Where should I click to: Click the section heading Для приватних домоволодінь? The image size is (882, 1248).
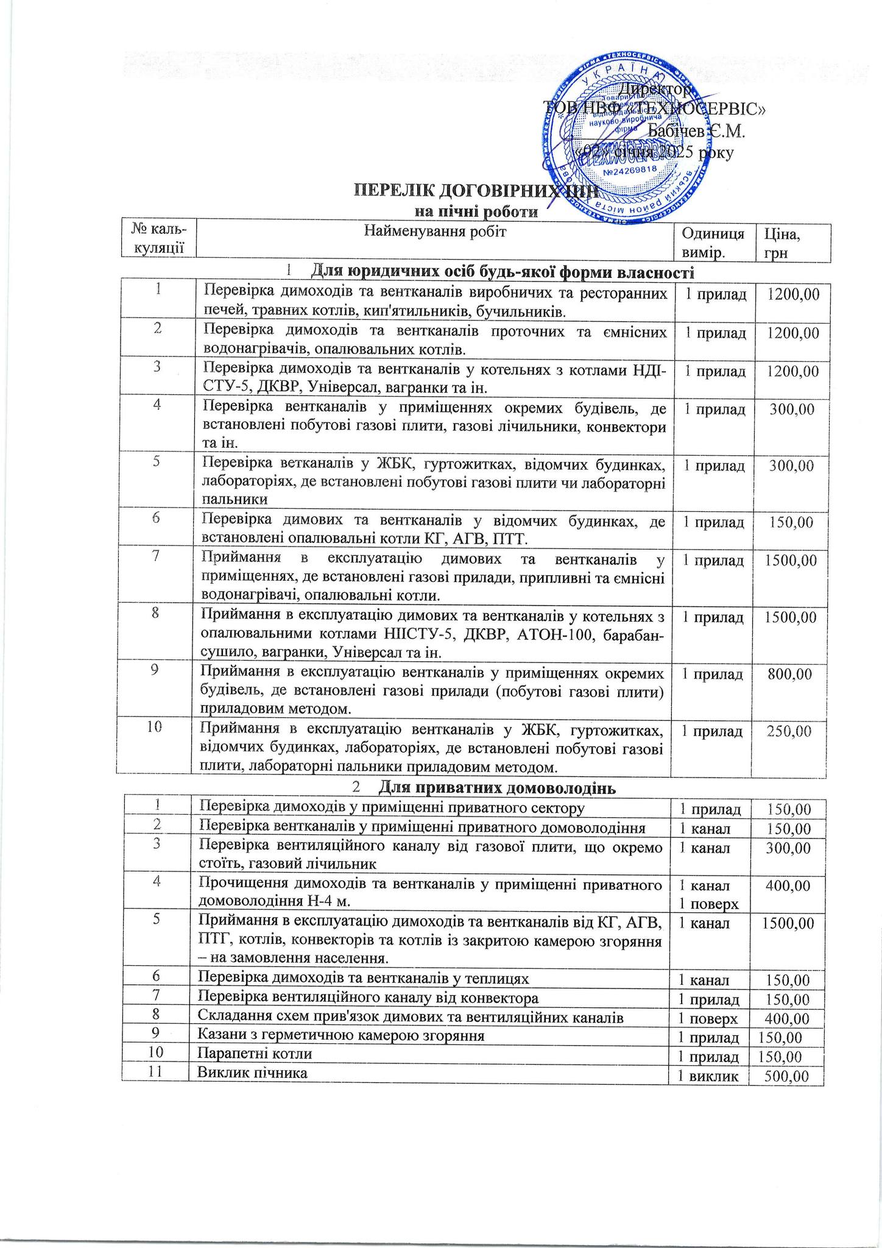coord(494,788)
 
